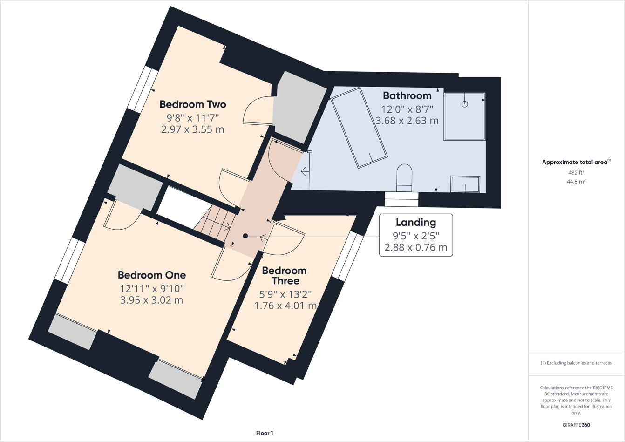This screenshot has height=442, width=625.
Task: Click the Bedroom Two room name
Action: point(192,104)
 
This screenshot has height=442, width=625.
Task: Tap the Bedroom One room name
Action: point(151,275)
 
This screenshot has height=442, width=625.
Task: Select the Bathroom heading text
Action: point(407,95)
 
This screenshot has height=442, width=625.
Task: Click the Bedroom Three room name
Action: point(284,276)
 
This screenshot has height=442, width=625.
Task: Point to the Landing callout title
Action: point(415,223)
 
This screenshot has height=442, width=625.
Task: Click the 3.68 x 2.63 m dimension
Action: point(407,121)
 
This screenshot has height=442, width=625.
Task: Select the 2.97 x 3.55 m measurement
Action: point(192,129)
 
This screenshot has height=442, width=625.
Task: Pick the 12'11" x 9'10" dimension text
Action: point(151,288)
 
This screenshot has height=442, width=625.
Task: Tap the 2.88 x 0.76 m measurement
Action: point(415,247)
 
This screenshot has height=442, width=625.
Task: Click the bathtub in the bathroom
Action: point(359,128)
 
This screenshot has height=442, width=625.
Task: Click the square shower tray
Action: point(464,116)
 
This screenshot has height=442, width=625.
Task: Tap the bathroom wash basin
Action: point(465,184)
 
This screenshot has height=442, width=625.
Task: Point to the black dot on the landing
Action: point(245,236)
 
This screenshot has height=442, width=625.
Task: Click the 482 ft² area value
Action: point(576,172)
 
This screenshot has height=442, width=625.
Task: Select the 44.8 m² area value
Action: point(576,182)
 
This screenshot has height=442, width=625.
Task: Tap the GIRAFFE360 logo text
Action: point(576,425)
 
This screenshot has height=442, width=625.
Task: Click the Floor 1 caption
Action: point(265,433)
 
